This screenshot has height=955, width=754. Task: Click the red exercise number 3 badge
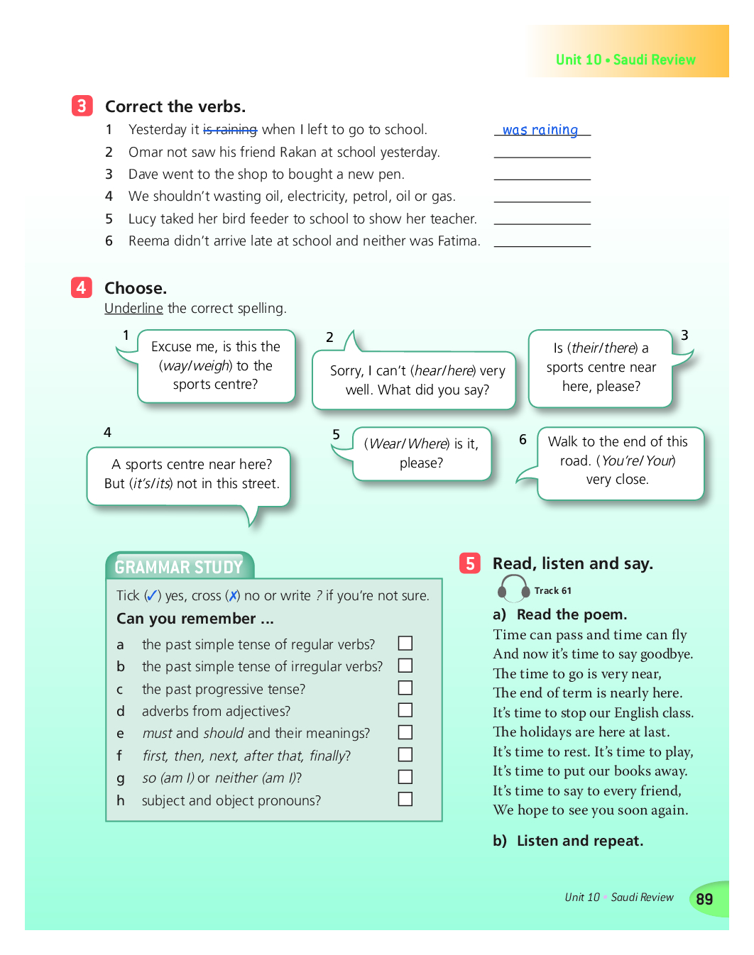tap(82, 106)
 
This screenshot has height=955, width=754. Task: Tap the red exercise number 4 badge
tap(81, 287)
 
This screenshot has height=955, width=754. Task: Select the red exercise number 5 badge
tap(469, 563)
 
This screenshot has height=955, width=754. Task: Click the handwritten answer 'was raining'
tap(540, 130)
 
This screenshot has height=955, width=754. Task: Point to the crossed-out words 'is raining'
tap(230, 129)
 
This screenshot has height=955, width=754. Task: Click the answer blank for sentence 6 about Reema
tap(542, 241)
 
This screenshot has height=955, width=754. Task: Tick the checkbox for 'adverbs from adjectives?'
tap(405, 710)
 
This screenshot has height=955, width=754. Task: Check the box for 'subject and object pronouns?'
tap(405, 800)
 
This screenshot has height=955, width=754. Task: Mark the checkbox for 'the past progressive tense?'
tap(405, 688)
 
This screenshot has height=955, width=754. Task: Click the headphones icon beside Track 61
tap(513, 589)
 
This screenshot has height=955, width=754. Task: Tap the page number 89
tap(704, 900)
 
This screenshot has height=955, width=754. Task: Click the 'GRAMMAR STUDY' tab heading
tap(179, 567)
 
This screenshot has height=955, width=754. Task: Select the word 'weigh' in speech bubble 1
tap(211, 365)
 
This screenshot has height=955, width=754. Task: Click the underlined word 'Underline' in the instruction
tap(133, 308)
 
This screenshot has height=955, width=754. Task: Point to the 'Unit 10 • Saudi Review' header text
tap(625, 60)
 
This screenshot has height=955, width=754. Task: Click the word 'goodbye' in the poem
tap(665, 654)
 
